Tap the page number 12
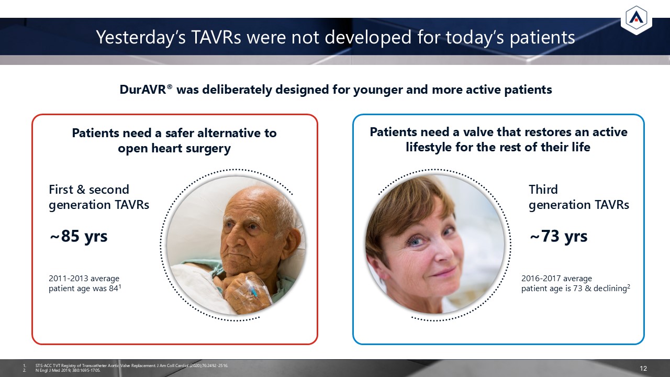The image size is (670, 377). pyautogui.click(x=643, y=368)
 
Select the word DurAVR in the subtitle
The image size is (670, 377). pyautogui.click(x=143, y=90)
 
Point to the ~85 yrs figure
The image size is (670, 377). pyautogui.click(x=79, y=236)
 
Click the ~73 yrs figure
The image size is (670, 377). pyautogui.click(x=559, y=236)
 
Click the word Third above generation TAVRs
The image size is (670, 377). pyautogui.click(x=543, y=190)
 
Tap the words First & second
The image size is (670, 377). pyautogui.click(x=89, y=190)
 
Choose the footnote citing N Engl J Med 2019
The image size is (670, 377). pyautogui.click(x=68, y=370)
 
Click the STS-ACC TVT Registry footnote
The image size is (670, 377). pyautogui.click(x=132, y=365)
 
